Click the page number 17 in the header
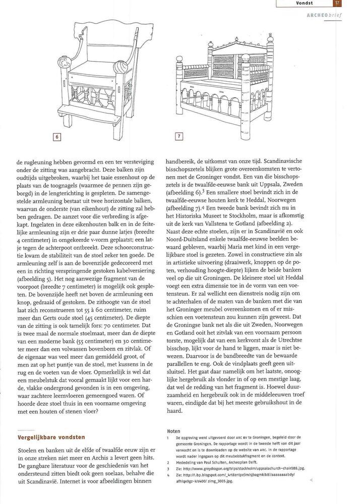click(337, 4)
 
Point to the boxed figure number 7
click(178, 136)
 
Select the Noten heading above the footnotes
click(172, 431)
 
